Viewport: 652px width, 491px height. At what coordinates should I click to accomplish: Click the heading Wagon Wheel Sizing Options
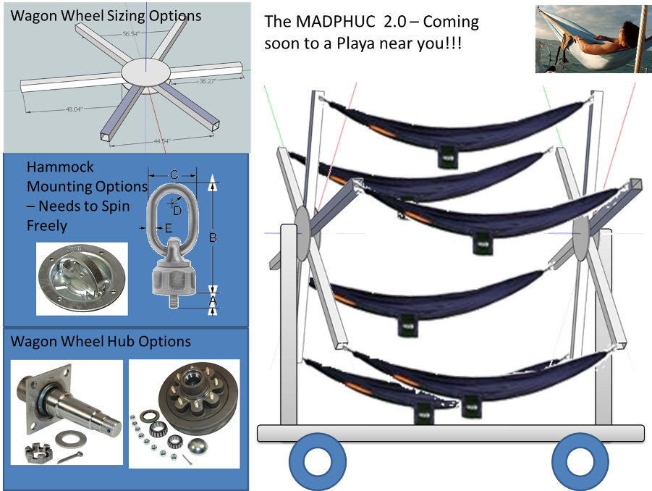coord(106,15)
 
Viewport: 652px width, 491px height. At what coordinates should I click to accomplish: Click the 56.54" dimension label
coord(131,34)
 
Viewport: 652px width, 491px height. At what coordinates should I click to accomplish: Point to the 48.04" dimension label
coord(67,109)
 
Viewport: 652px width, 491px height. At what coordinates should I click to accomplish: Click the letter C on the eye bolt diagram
coord(174,175)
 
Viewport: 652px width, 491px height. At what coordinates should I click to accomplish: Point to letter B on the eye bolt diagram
coord(213,237)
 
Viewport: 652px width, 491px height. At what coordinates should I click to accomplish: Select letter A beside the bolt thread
coord(213,298)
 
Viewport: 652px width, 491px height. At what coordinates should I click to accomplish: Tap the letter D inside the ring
coord(178,209)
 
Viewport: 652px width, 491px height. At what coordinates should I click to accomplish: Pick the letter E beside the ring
coord(169,227)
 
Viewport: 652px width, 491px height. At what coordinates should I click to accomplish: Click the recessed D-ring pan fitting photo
coord(81,279)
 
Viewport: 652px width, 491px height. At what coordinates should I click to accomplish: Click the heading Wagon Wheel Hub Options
coord(101,341)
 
